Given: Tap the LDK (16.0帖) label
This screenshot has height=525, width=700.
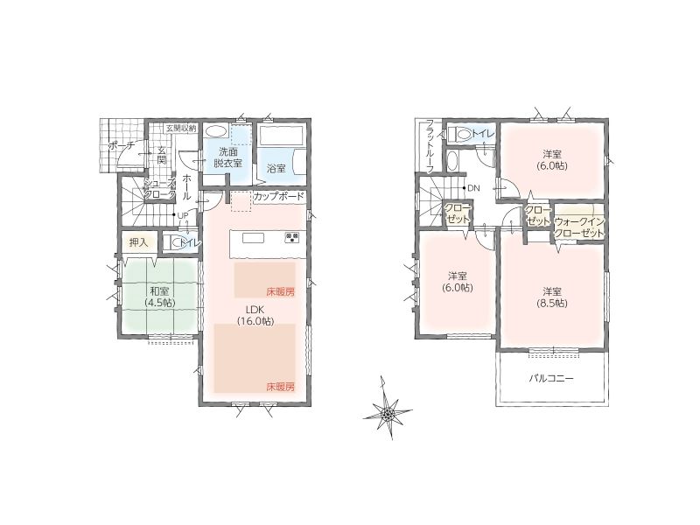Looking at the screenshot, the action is [255, 315].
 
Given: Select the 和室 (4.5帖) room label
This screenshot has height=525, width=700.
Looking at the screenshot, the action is [160, 297].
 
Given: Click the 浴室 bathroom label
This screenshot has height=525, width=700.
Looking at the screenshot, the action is [276, 169].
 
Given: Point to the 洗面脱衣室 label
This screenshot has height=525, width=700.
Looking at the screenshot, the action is [227, 157].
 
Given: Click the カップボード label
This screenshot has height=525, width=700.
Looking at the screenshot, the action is [279, 196].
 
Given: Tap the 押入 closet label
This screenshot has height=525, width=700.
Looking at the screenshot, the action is [138, 243].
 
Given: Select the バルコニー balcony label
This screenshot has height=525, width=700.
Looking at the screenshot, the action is [551, 379].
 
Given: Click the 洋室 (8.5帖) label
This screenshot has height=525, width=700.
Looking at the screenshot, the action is [552, 297].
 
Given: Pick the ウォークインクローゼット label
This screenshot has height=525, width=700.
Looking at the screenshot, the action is [579, 227].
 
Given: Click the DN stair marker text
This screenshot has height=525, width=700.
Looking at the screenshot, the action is [473, 188].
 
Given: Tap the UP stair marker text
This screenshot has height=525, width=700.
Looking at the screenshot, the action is [183, 215].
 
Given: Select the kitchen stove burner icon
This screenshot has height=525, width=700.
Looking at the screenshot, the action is [292, 237].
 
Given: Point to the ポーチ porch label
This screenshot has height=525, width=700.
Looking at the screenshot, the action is [122, 145].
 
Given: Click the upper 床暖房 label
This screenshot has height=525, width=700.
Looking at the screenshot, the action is [281, 292].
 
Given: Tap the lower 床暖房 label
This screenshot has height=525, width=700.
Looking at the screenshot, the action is [281, 387].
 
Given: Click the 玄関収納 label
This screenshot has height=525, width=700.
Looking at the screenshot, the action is [181, 128].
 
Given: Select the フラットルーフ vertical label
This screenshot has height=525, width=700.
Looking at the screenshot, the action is [430, 146].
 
